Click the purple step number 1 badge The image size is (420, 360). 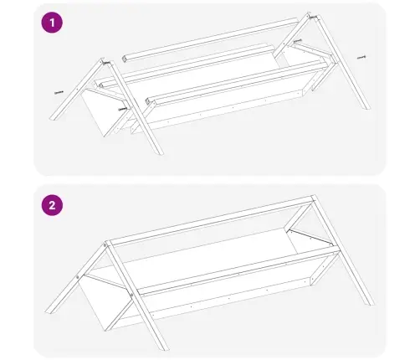[x=52, y=23]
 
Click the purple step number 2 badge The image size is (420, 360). [x=52, y=205]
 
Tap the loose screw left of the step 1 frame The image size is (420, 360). [x=59, y=92]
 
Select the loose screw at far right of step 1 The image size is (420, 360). [x=361, y=58]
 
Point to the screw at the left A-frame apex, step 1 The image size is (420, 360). [x=107, y=63]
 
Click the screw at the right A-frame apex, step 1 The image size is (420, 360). [x=313, y=18]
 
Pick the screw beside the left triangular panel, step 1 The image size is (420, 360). [x=123, y=109]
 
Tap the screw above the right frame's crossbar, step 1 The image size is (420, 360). [x=298, y=41]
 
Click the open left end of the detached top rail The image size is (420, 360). [x=125, y=59]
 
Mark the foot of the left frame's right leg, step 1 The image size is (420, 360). [x=160, y=153]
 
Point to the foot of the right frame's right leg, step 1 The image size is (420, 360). [x=366, y=108]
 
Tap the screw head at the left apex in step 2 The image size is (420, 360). [x=105, y=245]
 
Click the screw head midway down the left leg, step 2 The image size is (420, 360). [x=78, y=277]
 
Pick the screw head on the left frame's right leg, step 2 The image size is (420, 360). [x=131, y=295]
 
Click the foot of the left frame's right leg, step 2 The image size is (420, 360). [x=165, y=347]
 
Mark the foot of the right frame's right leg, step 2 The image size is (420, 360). [x=370, y=302]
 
